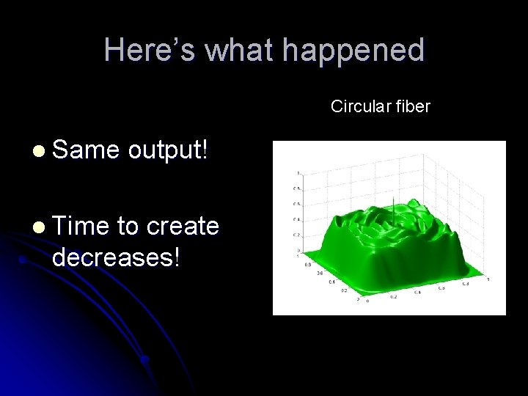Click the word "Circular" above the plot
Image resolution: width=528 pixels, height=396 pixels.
pos(360,107)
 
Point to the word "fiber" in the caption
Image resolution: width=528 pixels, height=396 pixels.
pos(412,107)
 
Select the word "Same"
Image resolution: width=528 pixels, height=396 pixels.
pos(85,150)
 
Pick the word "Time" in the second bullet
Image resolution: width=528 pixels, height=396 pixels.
pos(81,227)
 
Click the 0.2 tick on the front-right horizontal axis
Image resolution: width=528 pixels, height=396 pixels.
pos(393,297)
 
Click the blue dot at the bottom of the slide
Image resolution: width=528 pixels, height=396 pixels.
pos(145,360)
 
